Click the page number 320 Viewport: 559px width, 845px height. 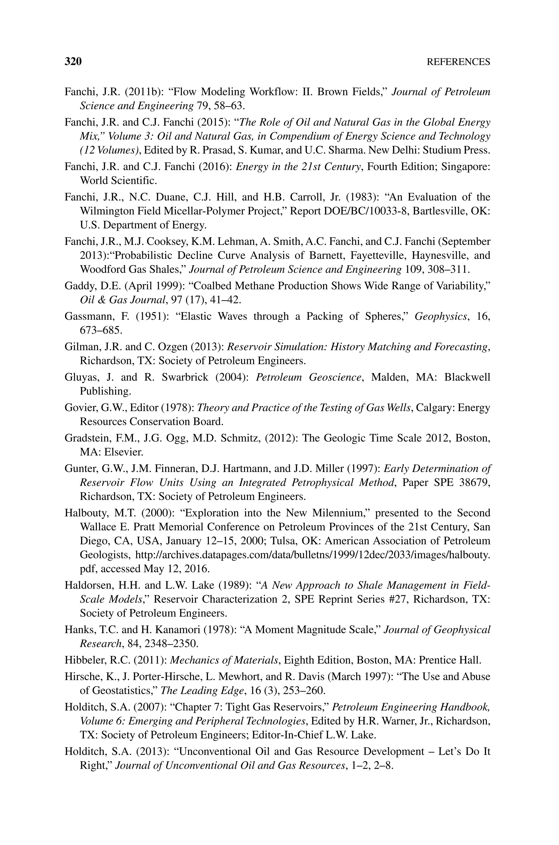point(73,62)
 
